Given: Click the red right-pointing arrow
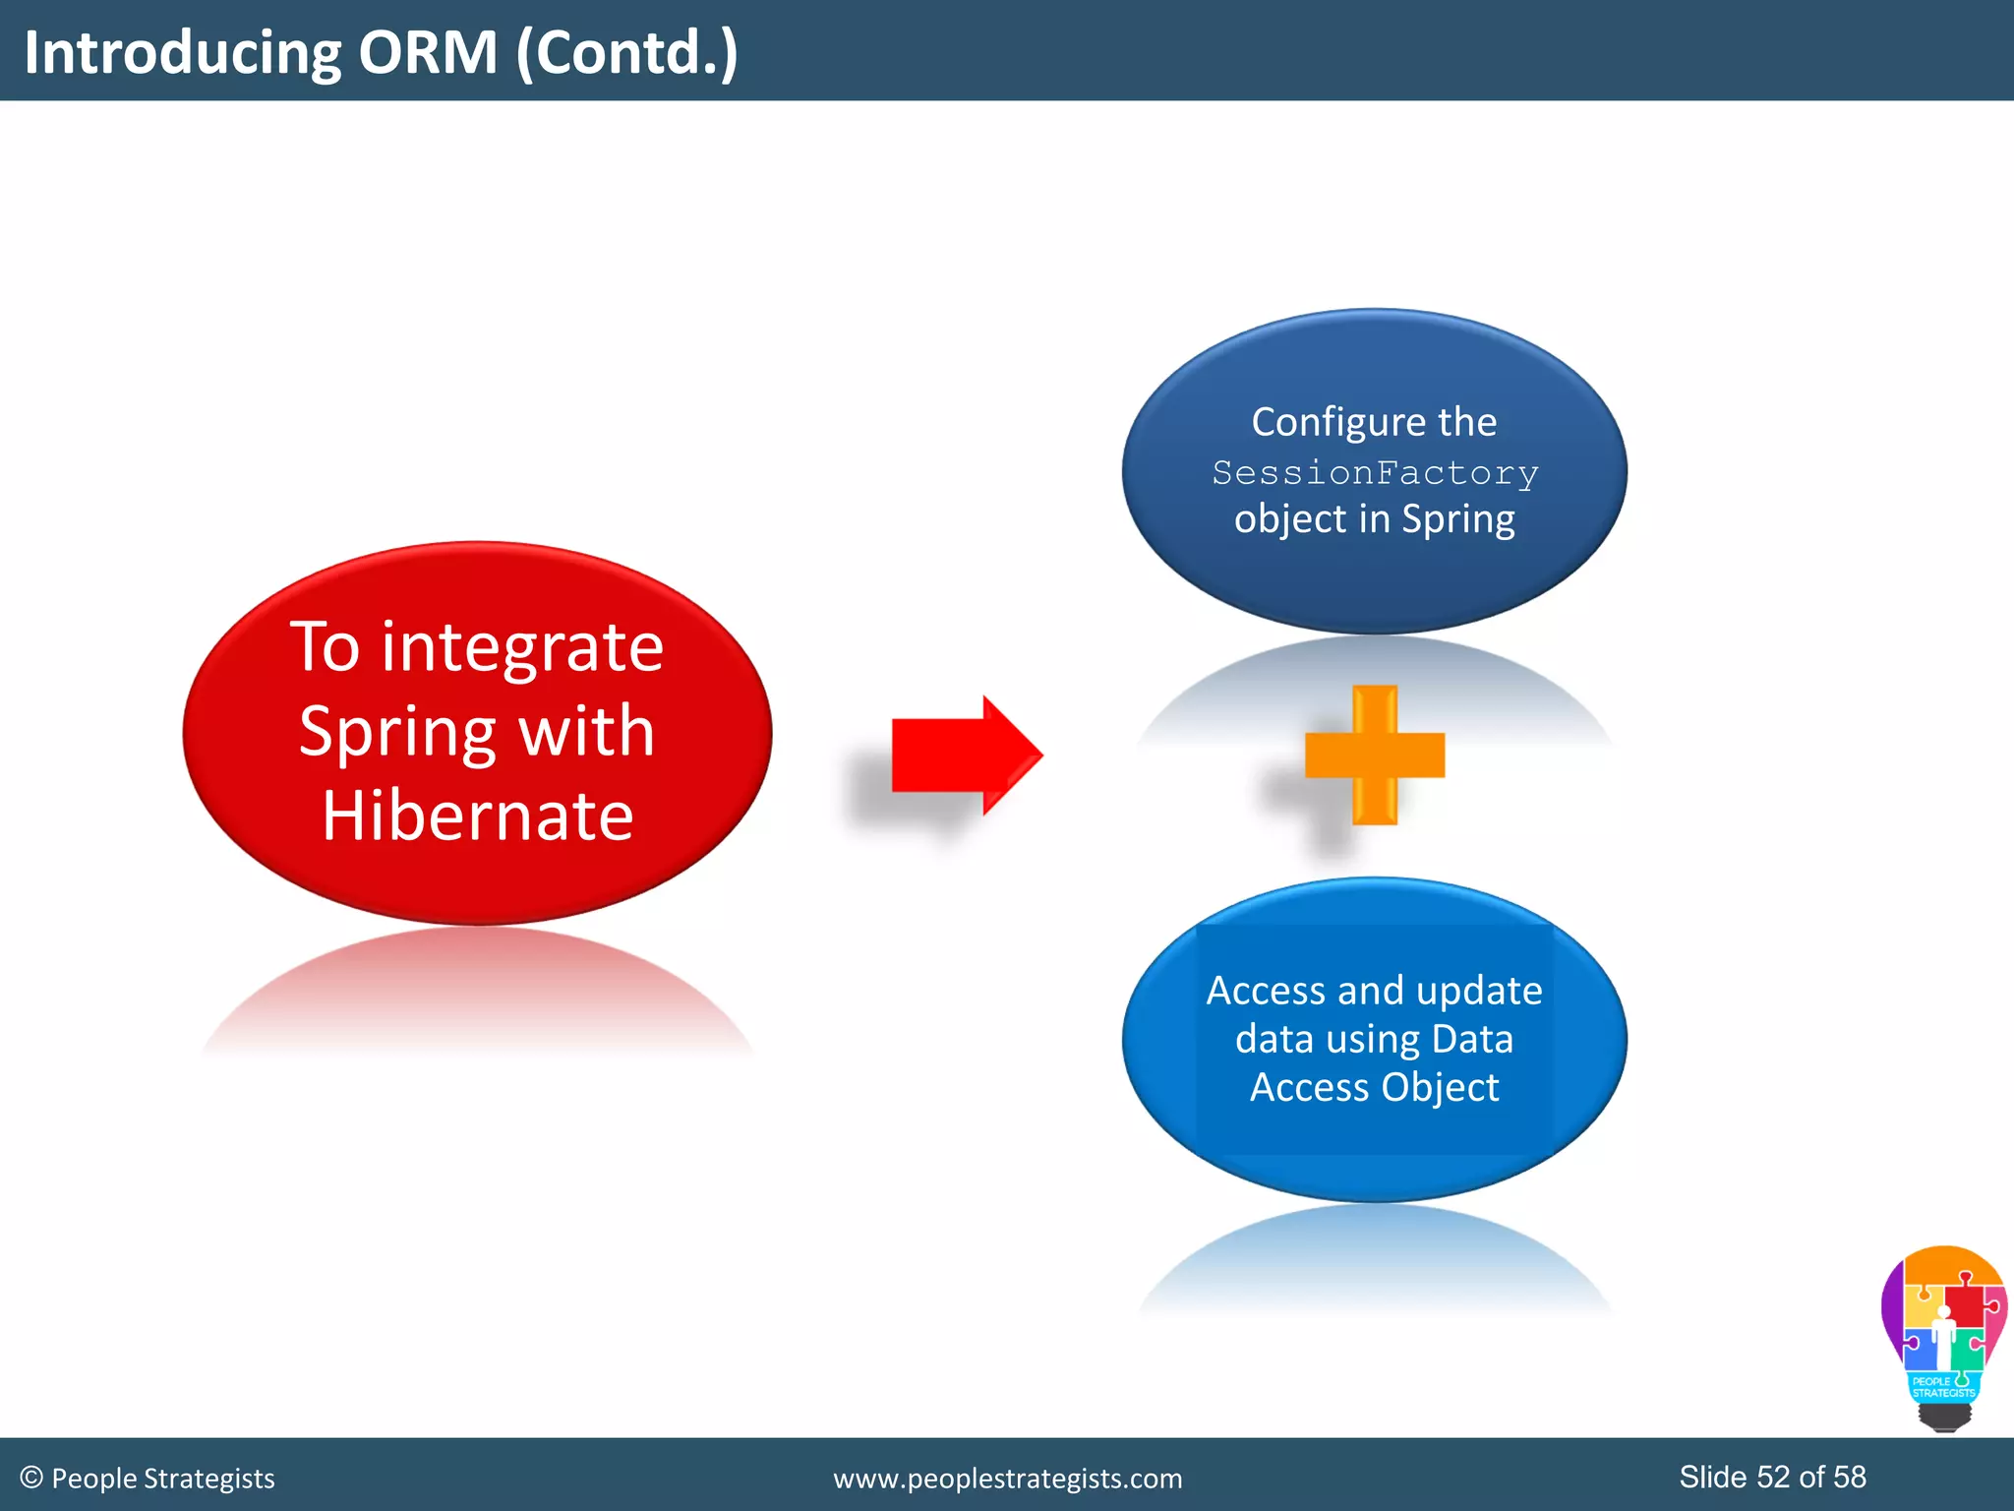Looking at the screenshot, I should point(964,755).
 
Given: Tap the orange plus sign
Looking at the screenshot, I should point(1375,755).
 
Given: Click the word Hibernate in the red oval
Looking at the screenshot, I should point(478,816).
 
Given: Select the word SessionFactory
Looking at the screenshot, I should point(1375,473).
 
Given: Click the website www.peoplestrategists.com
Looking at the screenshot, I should point(1007,1479).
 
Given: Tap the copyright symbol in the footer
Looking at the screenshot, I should point(31,1478).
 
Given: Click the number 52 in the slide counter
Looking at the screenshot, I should point(1773,1477).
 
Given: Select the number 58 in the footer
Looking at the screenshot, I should point(1849,1477).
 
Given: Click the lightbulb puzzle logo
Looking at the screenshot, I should point(1943,1328).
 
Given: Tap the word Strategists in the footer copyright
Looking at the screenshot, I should point(209,1479).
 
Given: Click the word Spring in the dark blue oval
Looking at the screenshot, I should point(1458,519).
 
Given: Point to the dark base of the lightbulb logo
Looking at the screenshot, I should point(1944,1417).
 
